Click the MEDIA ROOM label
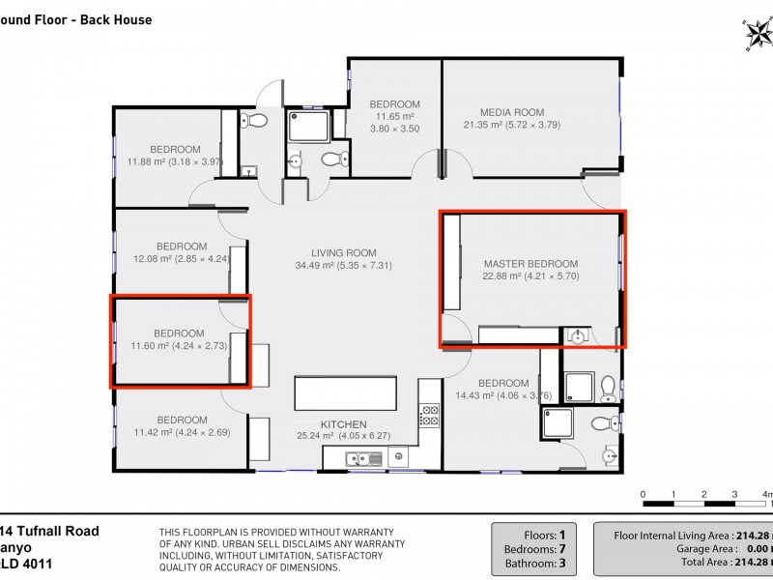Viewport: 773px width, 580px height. point(512,111)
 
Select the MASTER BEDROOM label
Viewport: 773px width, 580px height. point(530,264)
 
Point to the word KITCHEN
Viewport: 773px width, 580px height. point(344,424)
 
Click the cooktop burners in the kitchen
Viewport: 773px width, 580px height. point(429,416)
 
